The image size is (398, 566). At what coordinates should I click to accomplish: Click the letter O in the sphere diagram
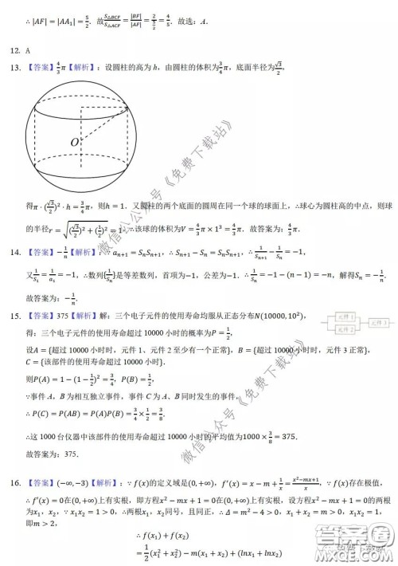tap(73, 142)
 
